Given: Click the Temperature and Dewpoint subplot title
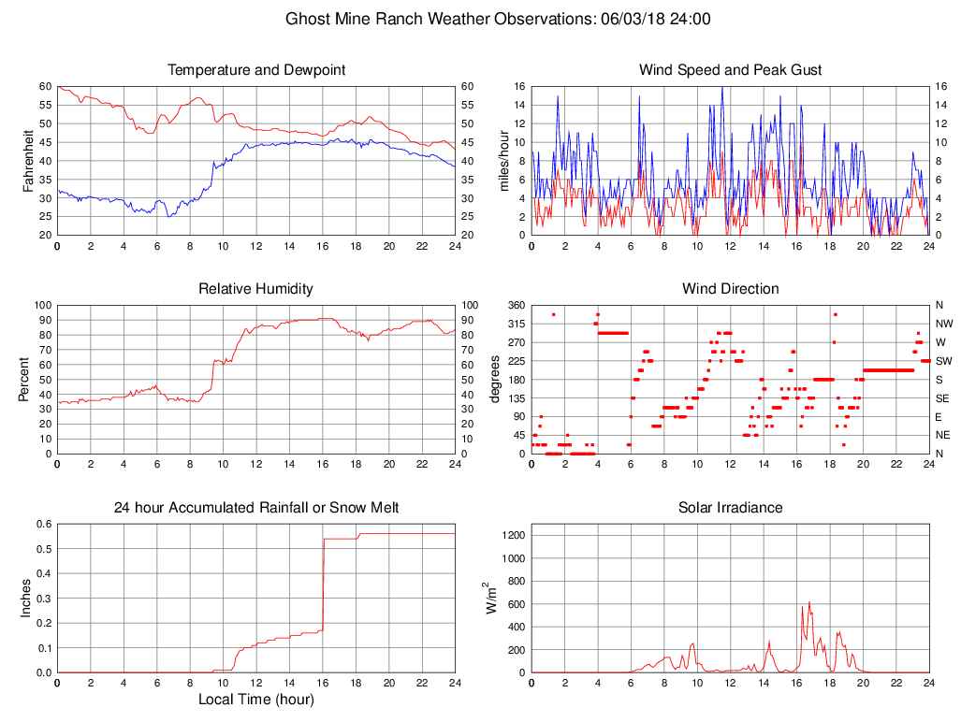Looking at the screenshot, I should click(256, 70).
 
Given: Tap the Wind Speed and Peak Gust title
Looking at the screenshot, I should click(730, 70).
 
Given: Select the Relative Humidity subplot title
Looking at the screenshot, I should click(255, 289).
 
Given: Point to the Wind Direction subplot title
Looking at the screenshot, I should click(730, 289).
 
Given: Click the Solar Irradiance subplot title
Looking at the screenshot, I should click(730, 508).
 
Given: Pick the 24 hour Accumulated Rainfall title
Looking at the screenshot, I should click(256, 508).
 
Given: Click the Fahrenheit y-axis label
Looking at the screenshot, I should click(27, 161).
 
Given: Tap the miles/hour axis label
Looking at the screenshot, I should click(502, 161).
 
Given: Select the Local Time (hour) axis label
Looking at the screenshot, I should click(256, 700).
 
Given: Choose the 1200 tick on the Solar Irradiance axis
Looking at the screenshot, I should click(513, 535).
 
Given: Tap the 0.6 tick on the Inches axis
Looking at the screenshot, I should click(41, 524).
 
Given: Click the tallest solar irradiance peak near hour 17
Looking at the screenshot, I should click(809, 603).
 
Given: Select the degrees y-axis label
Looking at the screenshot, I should click(495, 380).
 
